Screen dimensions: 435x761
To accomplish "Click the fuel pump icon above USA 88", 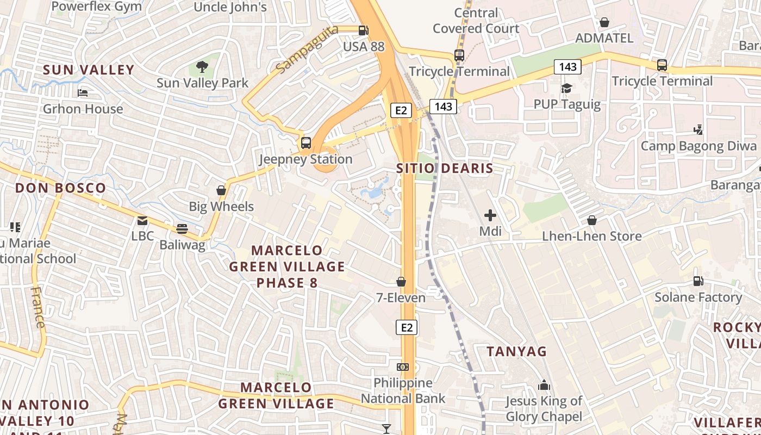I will [x=363, y=30].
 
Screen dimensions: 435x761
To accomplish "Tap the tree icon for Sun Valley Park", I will [x=202, y=67].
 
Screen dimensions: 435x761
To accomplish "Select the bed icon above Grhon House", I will [x=83, y=93].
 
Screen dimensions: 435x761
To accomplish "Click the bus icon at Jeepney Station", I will [x=306, y=143].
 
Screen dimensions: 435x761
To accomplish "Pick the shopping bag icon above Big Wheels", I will [x=221, y=190].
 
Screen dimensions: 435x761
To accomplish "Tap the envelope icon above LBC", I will [x=142, y=220].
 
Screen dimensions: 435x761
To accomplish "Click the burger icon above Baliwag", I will [x=182, y=229].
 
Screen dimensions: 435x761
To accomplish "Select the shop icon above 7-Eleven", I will [x=401, y=282].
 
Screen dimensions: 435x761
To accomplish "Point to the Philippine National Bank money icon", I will [x=403, y=367].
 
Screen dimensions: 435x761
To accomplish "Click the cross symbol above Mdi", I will [x=490, y=215].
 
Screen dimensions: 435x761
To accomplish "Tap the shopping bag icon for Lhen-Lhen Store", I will [x=592, y=220].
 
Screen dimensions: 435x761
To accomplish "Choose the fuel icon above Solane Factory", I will [x=698, y=281].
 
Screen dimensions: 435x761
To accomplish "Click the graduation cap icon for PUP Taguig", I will [x=567, y=88].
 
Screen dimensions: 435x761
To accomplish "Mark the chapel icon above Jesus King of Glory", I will [x=544, y=386].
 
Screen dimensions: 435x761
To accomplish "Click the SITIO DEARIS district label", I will [x=445, y=169].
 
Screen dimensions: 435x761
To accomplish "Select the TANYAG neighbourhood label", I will [x=516, y=352].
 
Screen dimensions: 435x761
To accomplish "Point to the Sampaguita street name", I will [x=307, y=49].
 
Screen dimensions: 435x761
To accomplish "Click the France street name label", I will [x=38, y=307].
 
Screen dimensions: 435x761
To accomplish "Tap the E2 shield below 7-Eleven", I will [x=407, y=327].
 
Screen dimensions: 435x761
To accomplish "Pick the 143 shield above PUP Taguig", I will [x=568, y=67].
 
